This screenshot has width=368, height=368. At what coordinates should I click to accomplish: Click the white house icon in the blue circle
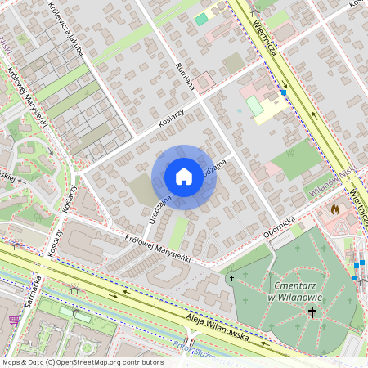coord(184,177)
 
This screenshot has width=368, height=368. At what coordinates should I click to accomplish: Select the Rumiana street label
coord(185,74)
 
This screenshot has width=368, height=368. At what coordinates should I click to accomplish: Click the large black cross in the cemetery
coord(312,312)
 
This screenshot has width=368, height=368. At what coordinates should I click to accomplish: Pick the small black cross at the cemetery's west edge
coord(231,279)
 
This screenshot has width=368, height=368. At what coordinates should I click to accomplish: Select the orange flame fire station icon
coord(334,209)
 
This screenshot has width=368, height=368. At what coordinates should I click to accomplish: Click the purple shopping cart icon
coord(13,321)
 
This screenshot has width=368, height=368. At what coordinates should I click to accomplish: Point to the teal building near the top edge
coord(201,19)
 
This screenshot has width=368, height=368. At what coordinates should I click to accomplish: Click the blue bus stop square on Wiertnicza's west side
coord(284,92)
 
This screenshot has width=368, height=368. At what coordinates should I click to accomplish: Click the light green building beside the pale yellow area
coord(255,106)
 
